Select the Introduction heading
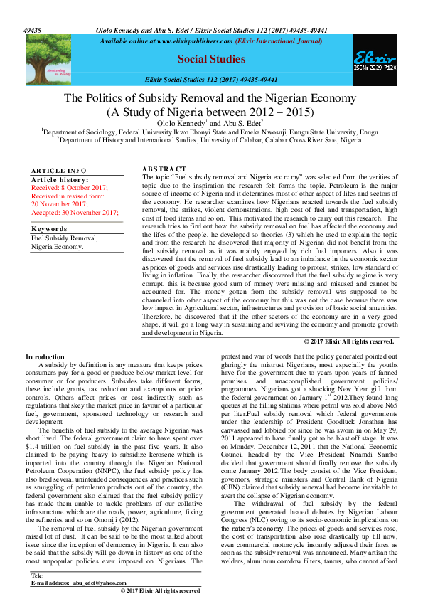45,356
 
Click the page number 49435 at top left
33,31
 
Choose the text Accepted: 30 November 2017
74,213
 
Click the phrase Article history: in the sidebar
60,180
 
